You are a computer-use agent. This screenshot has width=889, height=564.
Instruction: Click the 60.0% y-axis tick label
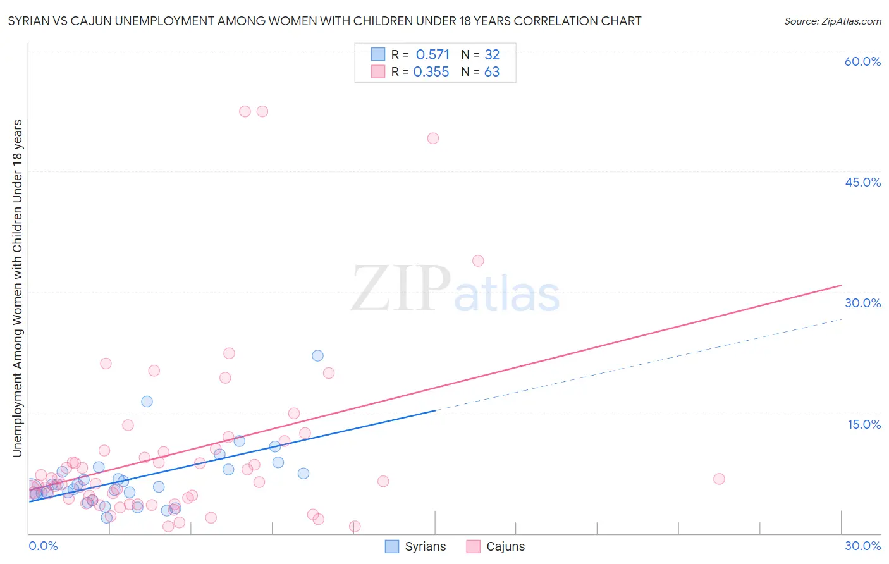tap(862, 61)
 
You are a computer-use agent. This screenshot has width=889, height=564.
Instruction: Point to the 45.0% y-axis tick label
tap(862, 182)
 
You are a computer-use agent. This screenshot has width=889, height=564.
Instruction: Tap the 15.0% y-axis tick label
tap(864, 424)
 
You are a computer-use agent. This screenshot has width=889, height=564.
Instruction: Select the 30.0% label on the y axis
tap(862, 303)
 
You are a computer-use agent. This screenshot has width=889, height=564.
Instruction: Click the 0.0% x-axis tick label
tap(43, 546)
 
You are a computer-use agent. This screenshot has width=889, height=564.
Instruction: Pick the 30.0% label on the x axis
tap(862, 546)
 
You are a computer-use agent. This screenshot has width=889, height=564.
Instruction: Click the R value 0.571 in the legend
tap(432, 54)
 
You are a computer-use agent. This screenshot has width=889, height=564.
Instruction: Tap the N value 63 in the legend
tap(492, 72)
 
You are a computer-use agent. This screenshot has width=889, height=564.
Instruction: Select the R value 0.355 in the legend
tap(431, 72)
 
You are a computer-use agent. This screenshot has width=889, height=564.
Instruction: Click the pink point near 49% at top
tap(433, 138)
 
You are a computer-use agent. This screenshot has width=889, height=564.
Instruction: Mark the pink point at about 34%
tap(478, 261)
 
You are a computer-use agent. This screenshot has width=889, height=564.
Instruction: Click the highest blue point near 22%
tap(317, 356)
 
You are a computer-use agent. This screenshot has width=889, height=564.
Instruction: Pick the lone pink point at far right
tap(719, 479)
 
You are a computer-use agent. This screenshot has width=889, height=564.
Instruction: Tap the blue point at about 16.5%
tap(147, 402)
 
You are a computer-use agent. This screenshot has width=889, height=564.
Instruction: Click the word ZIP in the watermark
tap(401, 289)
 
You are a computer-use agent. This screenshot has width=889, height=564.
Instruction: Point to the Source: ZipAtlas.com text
tap(833, 21)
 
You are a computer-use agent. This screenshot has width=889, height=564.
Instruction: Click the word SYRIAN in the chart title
tap(29, 21)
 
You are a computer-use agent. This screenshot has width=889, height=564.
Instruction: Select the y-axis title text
tap(17, 288)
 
